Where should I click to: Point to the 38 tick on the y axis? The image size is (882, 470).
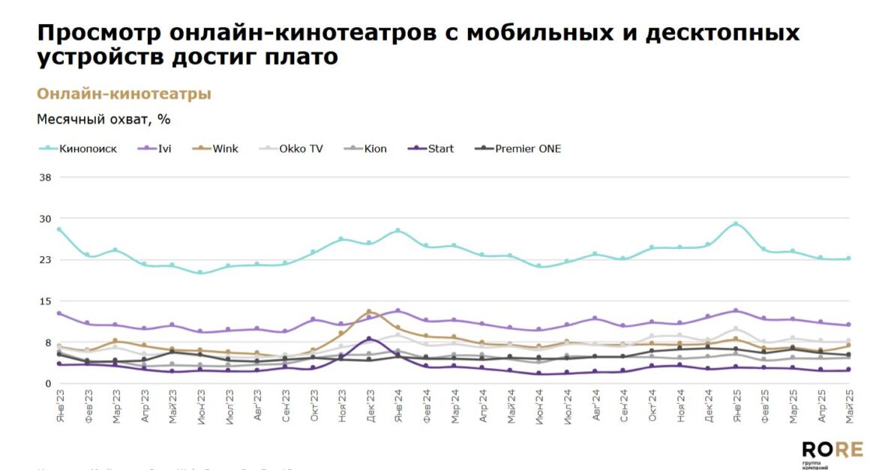point(44,178)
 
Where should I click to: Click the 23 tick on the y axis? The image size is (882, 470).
point(44,260)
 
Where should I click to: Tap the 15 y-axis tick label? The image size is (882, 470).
point(44,301)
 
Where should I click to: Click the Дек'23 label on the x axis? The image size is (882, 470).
point(370,408)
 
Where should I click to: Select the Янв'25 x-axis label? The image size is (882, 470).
point(736,408)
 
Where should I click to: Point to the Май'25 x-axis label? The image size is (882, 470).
point(849,408)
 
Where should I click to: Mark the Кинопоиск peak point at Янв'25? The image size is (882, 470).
point(736,223)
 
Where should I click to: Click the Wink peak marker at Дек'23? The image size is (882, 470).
point(369,311)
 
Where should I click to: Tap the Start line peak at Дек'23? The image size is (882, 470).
point(369,339)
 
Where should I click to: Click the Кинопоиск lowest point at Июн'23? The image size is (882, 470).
point(200,273)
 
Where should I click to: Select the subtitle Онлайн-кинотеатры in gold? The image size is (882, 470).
point(124,94)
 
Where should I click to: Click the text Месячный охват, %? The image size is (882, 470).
point(104,119)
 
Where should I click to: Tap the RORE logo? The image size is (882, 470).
point(832,452)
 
